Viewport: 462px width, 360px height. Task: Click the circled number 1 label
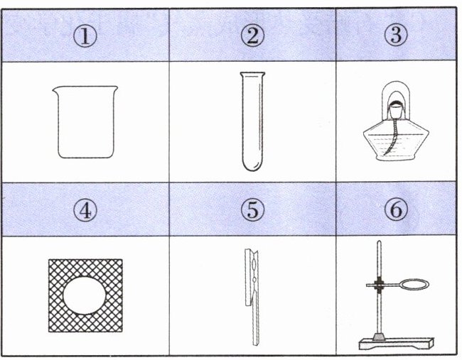(85, 36)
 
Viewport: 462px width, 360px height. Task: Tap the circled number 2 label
(252, 36)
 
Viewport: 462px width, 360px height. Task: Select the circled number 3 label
(396, 35)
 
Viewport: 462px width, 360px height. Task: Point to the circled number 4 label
(85, 210)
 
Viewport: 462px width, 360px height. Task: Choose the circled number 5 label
(252, 209)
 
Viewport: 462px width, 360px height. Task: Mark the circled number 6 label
(396, 209)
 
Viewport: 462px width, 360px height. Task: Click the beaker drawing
(85, 122)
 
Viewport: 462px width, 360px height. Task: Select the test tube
(252, 121)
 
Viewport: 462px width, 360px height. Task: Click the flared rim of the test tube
(252, 74)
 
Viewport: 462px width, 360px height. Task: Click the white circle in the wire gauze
(85, 295)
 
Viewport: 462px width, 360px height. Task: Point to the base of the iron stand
(397, 344)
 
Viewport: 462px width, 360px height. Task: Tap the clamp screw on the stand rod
(378, 284)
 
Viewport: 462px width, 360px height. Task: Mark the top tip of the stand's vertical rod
(380, 241)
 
